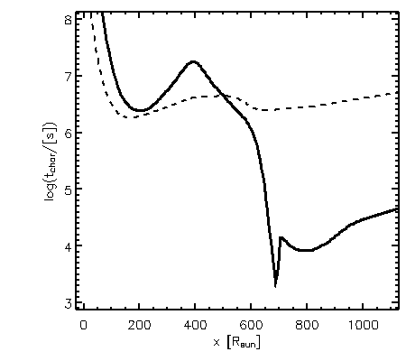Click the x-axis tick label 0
[83, 325]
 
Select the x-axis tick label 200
[139, 325]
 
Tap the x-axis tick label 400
[195, 325]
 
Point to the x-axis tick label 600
[251, 325]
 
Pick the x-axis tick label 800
[307, 325]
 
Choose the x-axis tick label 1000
[363, 325]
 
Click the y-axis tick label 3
[69, 303]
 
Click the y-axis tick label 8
[69, 21]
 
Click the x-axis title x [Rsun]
[236, 342]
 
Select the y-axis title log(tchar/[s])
[50, 162]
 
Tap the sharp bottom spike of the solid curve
[275, 286]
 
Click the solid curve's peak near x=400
[193, 61]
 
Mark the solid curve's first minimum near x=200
[140, 110]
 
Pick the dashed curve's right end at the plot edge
[397, 94]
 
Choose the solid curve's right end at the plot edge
[398, 208]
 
